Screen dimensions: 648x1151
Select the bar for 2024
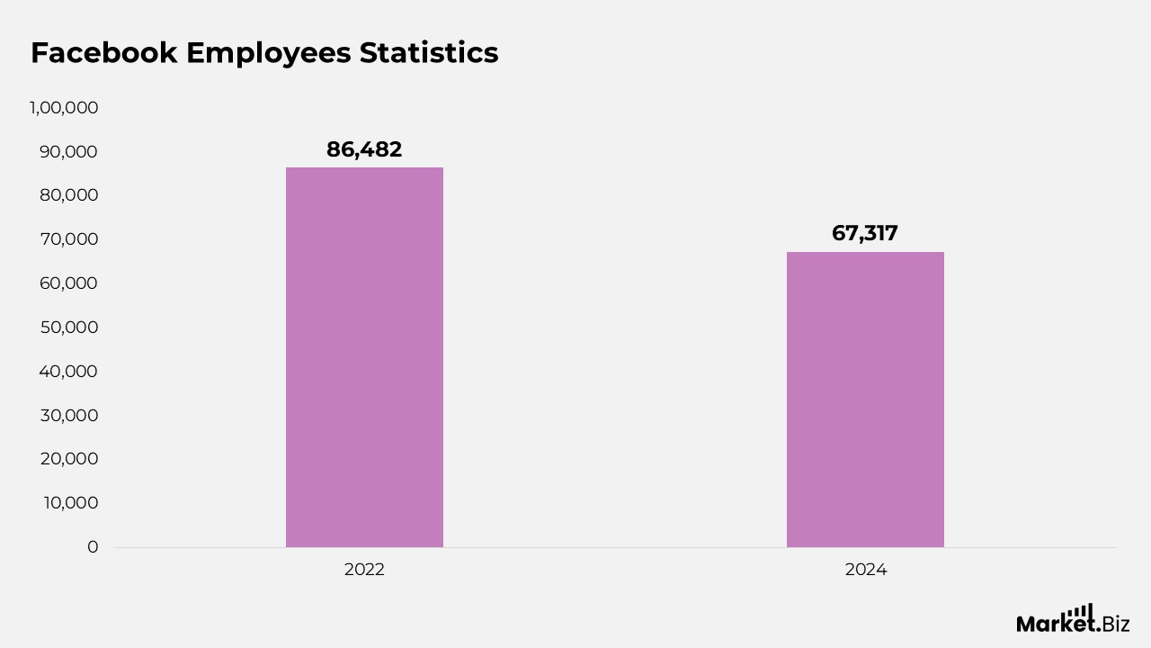click(865, 400)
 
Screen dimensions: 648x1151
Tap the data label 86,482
click(364, 149)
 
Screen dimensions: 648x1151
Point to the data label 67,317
click(865, 233)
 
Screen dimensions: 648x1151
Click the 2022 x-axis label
click(364, 570)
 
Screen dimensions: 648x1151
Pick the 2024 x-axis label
click(865, 570)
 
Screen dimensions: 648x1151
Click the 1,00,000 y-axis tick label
click(64, 108)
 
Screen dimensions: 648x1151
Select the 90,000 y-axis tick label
click(68, 152)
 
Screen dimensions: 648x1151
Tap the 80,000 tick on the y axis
click(68, 195)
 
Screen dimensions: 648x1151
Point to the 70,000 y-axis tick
click(68, 239)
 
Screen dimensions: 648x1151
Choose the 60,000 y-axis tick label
click(68, 283)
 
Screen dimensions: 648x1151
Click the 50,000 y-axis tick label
click(68, 328)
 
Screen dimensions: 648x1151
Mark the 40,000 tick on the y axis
click(68, 371)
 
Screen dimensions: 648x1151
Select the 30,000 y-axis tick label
click(68, 415)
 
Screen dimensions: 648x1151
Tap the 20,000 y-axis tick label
click(68, 459)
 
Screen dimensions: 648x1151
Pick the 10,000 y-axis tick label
click(70, 502)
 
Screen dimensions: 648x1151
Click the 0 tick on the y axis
click(93, 546)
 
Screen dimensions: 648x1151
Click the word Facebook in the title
click(103, 53)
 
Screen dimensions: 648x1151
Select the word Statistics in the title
click(429, 53)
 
